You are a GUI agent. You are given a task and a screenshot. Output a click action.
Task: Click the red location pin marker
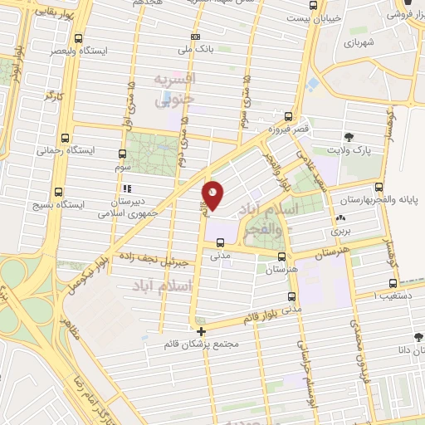coord(213,194)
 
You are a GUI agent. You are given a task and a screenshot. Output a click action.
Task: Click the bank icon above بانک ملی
coord(195,37)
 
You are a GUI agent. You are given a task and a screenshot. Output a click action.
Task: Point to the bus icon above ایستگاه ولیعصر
coord(78,38)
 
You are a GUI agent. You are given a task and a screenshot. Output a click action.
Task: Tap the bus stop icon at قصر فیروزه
coord(288,117)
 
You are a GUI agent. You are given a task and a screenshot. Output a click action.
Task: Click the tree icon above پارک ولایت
coord(349,136)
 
